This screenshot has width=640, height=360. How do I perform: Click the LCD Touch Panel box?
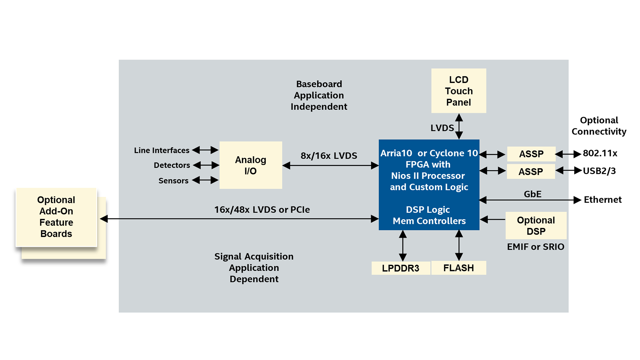tap(459, 91)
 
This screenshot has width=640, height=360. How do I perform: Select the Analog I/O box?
tap(251, 165)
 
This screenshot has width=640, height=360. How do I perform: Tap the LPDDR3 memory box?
tap(401, 268)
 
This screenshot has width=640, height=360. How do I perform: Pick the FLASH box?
tap(459, 268)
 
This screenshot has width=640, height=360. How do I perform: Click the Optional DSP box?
tap(536, 226)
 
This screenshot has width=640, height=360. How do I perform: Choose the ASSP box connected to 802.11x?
tap(531, 154)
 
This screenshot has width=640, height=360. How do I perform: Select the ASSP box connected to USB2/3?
tap(531, 171)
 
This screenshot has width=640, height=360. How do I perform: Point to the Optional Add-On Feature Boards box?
tap(56, 217)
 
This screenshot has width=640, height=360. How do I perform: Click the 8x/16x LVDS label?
tap(329, 156)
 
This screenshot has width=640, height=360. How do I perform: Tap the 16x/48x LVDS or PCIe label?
tap(262, 210)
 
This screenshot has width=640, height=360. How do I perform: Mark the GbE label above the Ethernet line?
tap(532, 194)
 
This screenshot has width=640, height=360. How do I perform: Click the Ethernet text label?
tap(603, 200)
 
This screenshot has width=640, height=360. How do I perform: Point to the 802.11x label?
tap(600, 153)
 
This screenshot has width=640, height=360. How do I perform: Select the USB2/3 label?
tap(599, 171)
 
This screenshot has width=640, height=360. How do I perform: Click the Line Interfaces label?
tap(162, 150)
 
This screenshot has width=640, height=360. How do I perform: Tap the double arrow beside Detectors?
tap(206, 165)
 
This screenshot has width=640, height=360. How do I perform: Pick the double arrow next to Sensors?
tap(205, 180)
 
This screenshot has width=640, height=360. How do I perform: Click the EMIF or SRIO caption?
tap(536, 247)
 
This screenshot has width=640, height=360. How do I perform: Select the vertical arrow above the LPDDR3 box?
tap(403, 246)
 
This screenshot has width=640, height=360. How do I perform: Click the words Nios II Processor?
tap(428, 176)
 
